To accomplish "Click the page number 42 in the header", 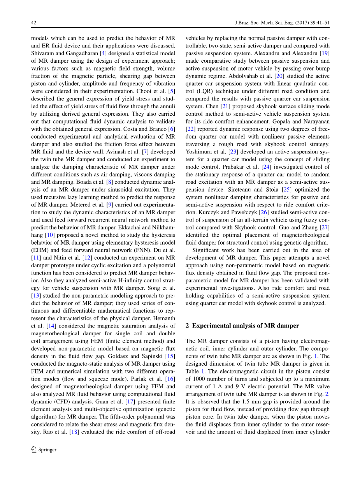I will [x=33, y=23].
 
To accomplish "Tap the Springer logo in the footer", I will [x=44, y=449].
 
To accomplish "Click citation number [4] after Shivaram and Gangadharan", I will [x=102, y=53].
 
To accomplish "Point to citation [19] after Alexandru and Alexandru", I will [x=324, y=53].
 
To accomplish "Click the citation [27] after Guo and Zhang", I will [x=324, y=227].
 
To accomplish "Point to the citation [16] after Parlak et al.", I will [x=169, y=379].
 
